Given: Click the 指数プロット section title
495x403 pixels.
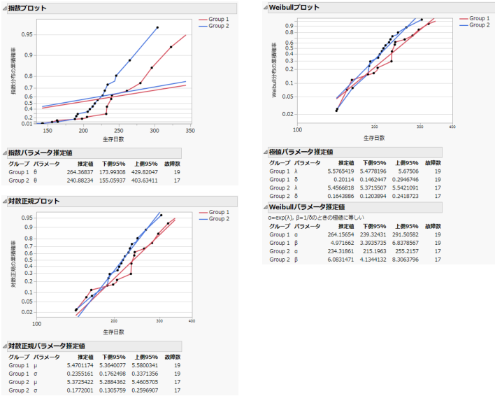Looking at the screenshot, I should (29, 8).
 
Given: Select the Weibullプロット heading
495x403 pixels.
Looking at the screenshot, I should (294, 7).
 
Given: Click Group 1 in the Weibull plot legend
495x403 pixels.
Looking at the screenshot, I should (479, 18).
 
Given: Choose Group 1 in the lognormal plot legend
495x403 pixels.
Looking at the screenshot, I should (219, 212).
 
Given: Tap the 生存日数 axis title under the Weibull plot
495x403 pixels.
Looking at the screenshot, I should (374, 138).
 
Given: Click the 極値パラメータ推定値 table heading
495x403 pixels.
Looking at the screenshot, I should (301, 152).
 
